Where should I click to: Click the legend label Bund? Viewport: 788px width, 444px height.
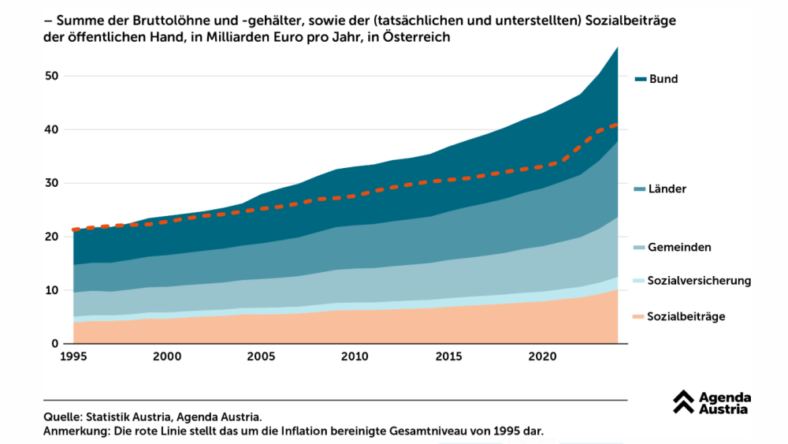click(663, 79)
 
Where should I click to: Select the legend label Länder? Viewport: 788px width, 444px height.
click(667, 189)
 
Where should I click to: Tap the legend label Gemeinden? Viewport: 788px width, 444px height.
click(679, 247)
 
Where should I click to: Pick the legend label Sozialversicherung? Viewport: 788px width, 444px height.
click(699, 281)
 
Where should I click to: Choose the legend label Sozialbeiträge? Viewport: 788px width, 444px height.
click(686, 316)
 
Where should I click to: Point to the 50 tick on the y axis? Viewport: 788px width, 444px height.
click(51, 76)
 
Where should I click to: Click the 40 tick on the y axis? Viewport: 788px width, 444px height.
click(51, 129)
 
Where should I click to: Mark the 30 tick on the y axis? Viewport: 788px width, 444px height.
click(51, 183)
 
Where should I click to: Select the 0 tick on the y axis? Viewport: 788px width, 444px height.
click(55, 344)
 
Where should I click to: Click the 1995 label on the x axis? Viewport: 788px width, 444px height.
click(73, 357)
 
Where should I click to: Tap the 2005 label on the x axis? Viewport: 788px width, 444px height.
click(261, 357)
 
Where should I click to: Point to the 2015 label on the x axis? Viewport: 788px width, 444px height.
click(448, 357)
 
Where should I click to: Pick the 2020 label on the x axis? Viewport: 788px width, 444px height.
click(541, 357)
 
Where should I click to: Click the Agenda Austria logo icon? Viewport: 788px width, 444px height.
click(683, 402)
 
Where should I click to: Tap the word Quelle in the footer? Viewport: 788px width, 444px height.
click(61, 416)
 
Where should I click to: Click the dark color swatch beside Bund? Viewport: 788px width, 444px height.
click(640, 79)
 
